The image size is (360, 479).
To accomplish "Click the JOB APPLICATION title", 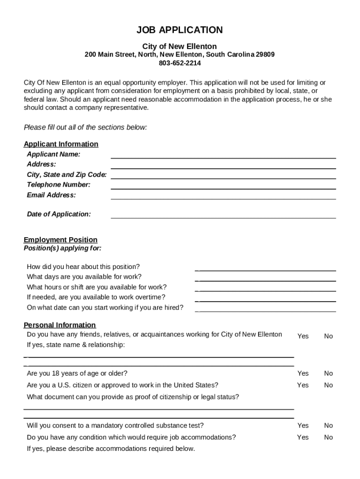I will point(180,30).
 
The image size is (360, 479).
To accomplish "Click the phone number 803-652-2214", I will point(180,63).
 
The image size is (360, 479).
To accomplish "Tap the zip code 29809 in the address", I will point(265,55).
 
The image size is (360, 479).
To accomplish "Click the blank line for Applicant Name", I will point(223,155).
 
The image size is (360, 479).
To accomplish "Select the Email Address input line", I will point(223,196).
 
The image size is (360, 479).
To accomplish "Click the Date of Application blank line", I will point(223,215).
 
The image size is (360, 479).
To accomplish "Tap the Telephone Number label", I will point(58,185).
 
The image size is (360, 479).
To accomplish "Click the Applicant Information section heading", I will point(61,144).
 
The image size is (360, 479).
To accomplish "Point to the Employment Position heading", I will point(60,240).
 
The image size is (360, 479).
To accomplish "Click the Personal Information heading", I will point(59,325).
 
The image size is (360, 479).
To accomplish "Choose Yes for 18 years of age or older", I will point(303,373).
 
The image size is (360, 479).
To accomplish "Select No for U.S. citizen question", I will point(328,385).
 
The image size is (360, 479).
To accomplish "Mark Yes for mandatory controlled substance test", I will point(303,426).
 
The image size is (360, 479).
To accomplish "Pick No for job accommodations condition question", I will point(328,437).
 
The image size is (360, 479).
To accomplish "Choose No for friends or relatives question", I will point(328,336).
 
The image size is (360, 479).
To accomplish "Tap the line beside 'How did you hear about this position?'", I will point(266,268).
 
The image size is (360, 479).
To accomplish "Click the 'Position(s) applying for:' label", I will point(62,248).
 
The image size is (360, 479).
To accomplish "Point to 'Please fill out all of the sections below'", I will point(85,127).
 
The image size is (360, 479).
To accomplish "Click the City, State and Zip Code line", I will point(223,176).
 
